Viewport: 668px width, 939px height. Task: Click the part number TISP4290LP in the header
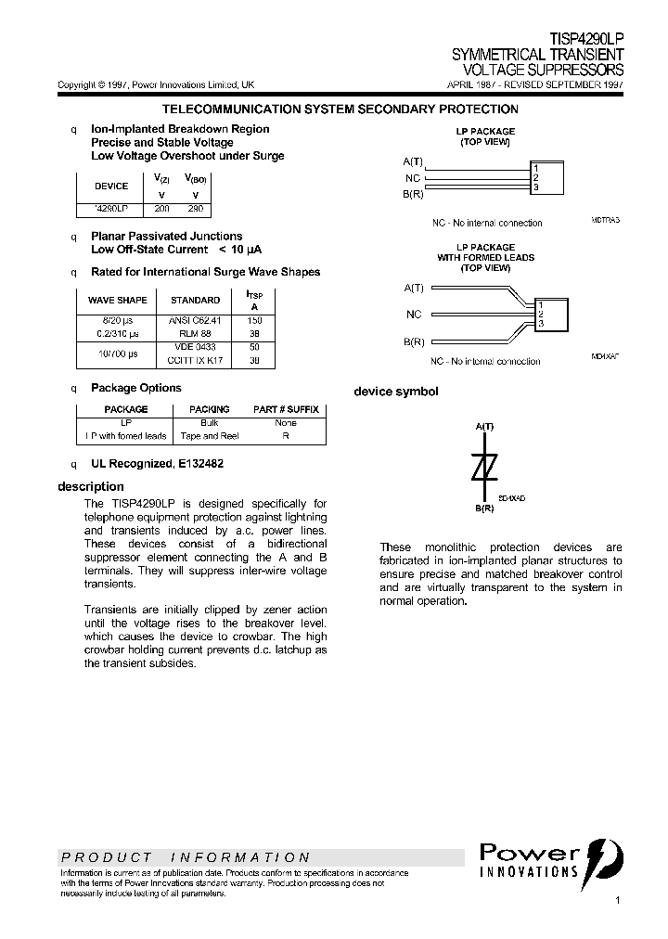click(x=586, y=41)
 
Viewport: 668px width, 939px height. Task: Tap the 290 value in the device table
click(x=195, y=209)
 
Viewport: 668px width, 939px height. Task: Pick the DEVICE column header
click(x=112, y=186)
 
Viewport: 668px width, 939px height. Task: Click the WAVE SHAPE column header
click(x=117, y=300)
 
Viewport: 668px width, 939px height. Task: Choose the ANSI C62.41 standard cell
click(x=195, y=320)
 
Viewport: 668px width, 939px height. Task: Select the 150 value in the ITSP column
click(x=254, y=320)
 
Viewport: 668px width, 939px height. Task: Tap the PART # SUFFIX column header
click(x=286, y=409)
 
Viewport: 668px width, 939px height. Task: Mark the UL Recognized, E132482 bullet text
click(x=157, y=463)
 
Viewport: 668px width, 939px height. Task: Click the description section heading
click(x=91, y=486)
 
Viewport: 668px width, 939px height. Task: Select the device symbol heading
click(x=396, y=392)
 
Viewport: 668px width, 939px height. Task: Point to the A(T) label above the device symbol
click(x=484, y=426)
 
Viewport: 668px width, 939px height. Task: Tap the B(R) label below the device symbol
click(x=484, y=508)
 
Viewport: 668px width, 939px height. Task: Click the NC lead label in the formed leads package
click(x=414, y=315)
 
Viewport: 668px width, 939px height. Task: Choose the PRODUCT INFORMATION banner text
click(x=186, y=857)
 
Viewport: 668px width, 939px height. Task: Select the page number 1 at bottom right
click(x=618, y=901)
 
